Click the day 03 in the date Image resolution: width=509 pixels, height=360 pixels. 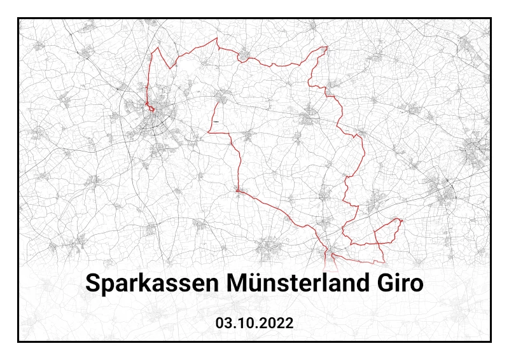[223, 323]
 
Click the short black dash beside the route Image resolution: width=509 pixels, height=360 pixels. [216, 121]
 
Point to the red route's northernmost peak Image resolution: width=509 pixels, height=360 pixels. [217, 38]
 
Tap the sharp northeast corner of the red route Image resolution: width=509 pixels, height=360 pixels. [326, 47]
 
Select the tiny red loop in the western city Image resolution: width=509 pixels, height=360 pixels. [152, 109]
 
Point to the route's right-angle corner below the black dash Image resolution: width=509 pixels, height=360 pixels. [209, 132]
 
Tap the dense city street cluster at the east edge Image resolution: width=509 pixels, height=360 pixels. [476, 153]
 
